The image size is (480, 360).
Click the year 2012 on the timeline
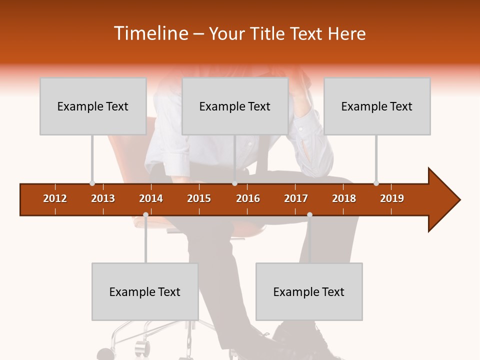click(55, 198)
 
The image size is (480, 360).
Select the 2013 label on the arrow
click(103, 198)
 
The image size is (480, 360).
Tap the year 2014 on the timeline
click(151, 198)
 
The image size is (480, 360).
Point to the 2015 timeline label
click(199, 198)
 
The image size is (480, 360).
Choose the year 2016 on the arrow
click(248, 198)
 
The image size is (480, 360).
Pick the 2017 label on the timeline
click(296, 198)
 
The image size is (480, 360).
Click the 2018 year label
click(344, 198)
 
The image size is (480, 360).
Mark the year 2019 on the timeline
click(392, 198)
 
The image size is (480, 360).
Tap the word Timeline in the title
click(149, 33)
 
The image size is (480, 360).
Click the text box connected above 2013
click(93, 106)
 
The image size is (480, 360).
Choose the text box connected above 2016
click(235, 106)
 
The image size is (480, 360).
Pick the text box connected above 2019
click(377, 106)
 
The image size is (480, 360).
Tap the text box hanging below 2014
click(145, 291)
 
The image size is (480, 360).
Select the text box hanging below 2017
click(309, 291)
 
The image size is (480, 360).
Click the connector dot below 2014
click(145, 215)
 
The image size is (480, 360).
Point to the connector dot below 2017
click(309, 215)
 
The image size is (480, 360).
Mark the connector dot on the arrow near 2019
click(376, 183)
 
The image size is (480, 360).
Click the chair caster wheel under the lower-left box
click(142, 345)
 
